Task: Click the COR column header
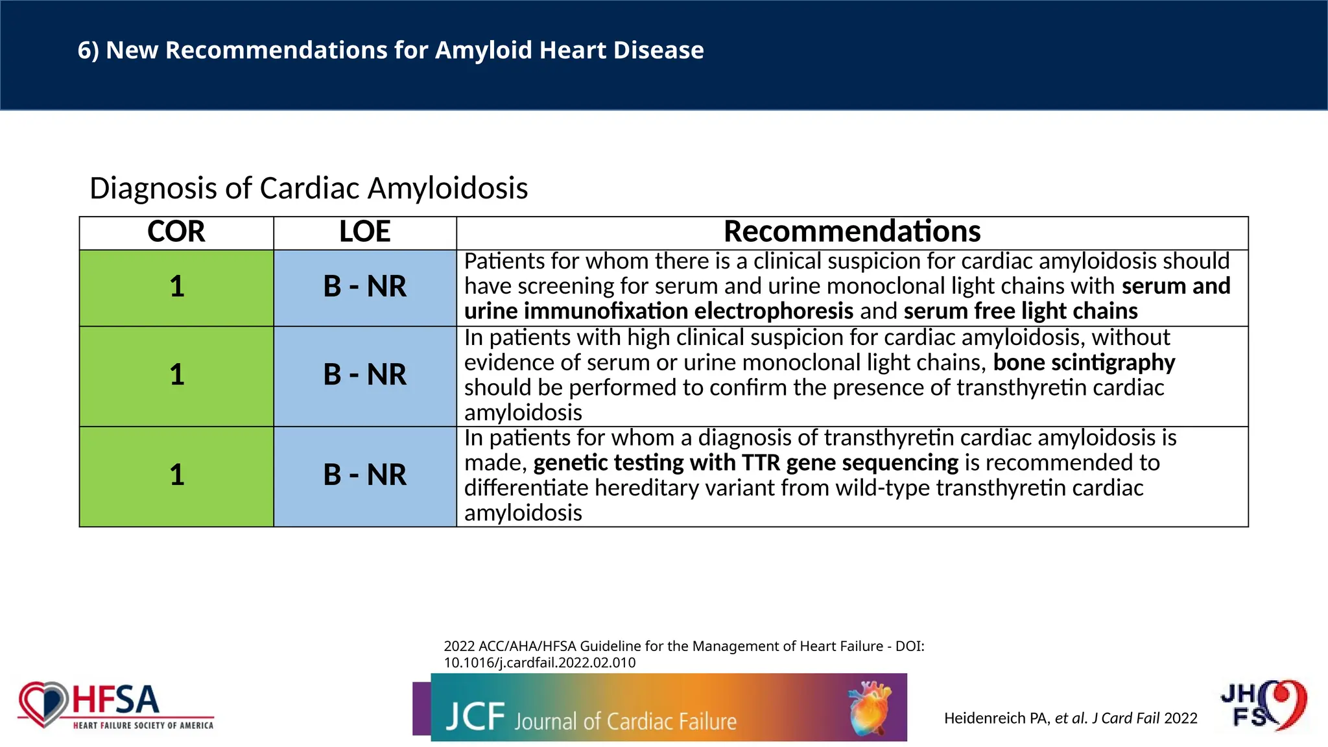(176, 232)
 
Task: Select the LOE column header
(364, 232)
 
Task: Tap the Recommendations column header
(851, 232)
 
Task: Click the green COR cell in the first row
(176, 287)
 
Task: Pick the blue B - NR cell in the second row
(364, 375)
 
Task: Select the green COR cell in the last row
(176, 476)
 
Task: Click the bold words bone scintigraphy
(1084, 362)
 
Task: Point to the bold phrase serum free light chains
(1020, 311)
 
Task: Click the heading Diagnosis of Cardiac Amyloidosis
(309, 188)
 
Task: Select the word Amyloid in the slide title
(484, 51)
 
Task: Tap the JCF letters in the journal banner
(475, 717)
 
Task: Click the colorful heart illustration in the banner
(870, 707)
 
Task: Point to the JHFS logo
(1263, 705)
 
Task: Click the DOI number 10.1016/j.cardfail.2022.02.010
(539, 663)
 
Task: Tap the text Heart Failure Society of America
(143, 726)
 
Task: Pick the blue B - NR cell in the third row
(364, 476)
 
